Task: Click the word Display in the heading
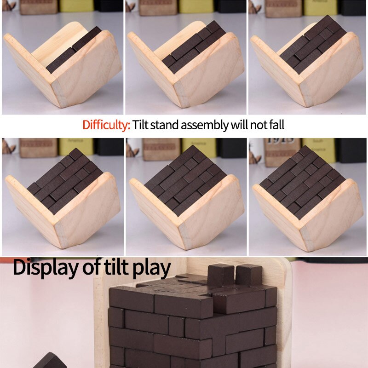(x=44, y=267)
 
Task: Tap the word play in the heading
(x=151, y=268)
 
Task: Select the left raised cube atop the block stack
(x=221, y=275)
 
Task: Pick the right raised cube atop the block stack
(x=249, y=275)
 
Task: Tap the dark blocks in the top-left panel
(x=74, y=51)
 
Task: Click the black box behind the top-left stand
(x=109, y=6)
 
